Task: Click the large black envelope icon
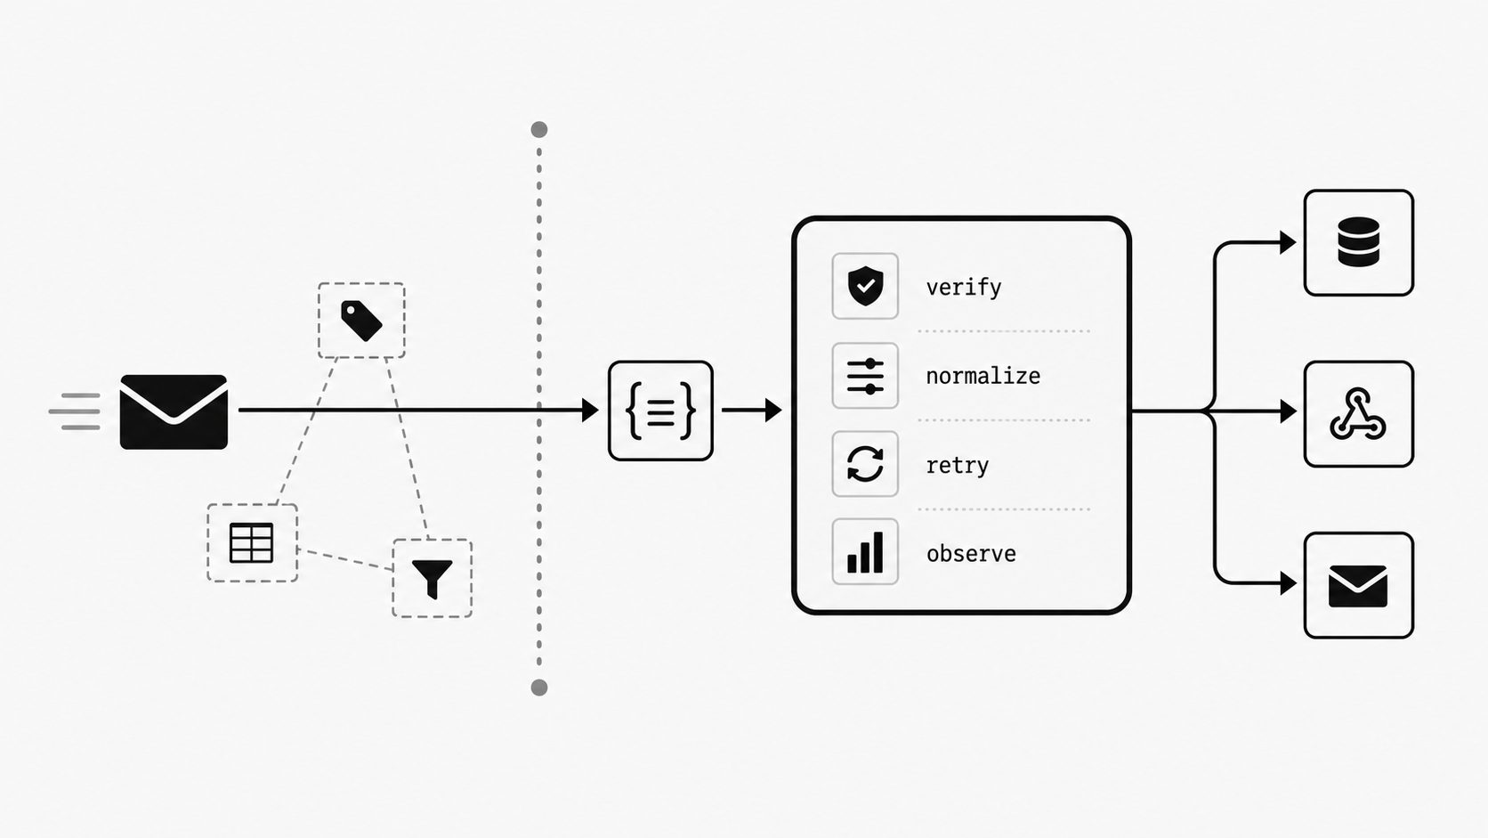tap(174, 412)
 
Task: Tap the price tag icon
tap(361, 321)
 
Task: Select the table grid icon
tap(251, 543)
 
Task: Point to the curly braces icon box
tap(660, 411)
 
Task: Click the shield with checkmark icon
tap(865, 286)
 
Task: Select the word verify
tap(963, 288)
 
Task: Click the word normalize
tap(983, 376)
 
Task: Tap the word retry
tap(958, 465)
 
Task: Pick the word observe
tap(971, 554)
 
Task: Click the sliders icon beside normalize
tap(865, 376)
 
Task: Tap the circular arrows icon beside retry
tap(865, 464)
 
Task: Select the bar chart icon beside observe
tap(865, 552)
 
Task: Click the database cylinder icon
tap(1358, 242)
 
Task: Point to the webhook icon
tap(1358, 414)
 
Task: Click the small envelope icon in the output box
tap(1358, 586)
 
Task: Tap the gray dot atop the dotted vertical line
tap(539, 130)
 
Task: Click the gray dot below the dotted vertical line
tap(539, 687)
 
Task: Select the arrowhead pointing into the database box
tap(1288, 242)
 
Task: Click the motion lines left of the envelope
tap(75, 411)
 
